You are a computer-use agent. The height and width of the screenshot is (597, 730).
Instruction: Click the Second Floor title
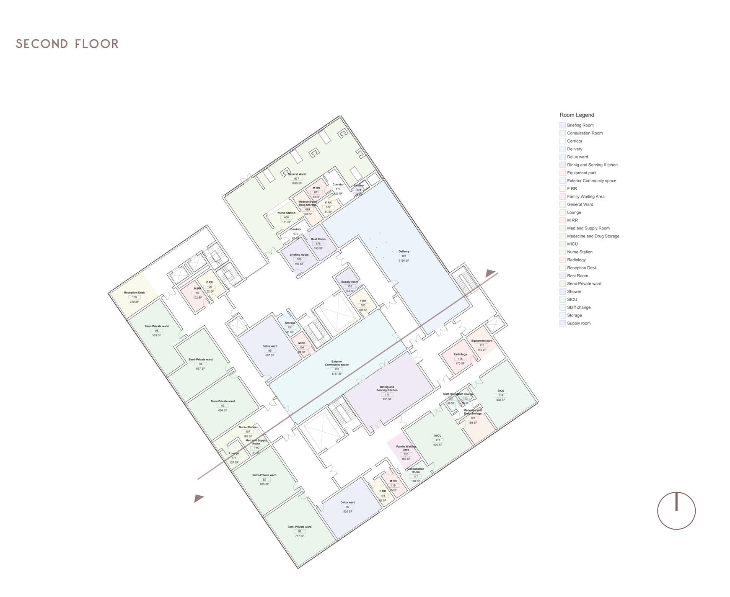67,44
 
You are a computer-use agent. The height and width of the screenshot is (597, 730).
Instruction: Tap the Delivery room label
404,252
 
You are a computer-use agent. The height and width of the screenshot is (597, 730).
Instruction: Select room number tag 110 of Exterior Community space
337,369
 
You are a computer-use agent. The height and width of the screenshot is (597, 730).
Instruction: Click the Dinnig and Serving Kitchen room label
387,389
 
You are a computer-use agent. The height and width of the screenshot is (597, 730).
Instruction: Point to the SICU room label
501,391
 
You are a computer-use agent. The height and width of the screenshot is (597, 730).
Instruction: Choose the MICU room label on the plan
438,435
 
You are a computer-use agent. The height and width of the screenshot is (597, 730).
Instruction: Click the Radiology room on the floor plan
460,354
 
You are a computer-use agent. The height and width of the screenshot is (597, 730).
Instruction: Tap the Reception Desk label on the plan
135,293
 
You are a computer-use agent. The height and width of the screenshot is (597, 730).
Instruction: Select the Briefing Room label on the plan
299,255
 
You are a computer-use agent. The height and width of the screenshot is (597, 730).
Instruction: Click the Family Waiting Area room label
406,448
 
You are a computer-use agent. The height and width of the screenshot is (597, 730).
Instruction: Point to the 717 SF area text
299,536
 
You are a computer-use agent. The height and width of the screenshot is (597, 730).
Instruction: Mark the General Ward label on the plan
297,174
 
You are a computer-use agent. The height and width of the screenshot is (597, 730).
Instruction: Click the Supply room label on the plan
349,282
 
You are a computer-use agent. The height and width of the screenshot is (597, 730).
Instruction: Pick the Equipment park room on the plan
481,341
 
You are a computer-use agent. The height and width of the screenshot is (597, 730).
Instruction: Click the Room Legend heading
577,115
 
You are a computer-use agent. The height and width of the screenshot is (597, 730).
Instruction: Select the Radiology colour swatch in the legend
562,260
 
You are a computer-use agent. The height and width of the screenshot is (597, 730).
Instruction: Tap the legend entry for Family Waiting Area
585,196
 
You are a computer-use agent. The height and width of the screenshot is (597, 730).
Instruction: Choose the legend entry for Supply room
578,323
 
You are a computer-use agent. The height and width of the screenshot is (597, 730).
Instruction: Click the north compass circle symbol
676,511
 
